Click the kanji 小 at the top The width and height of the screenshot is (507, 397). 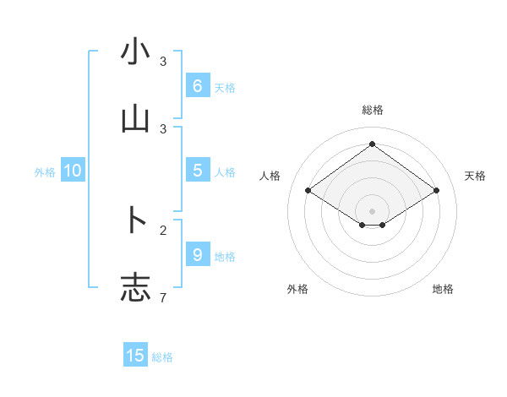(135, 52)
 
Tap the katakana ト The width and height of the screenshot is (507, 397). (135, 220)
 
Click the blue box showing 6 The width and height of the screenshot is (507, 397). (197, 86)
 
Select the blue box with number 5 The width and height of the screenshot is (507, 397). (197, 171)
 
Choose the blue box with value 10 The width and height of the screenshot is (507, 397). (73, 171)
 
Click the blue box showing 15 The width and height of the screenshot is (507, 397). (135, 356)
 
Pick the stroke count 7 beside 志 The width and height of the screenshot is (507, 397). (164, 297)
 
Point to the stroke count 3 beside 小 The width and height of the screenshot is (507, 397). (164, 62)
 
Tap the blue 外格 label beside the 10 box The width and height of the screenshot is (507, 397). (45, 172)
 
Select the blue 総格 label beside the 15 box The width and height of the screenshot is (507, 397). (162, 357)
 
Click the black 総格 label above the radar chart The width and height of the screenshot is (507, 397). (373, 110)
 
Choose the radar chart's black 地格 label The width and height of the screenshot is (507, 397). (443, 290)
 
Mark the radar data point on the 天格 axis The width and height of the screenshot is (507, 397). (436, 191)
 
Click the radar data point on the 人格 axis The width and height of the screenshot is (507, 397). (308, 191)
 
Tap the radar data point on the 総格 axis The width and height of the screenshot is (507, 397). (373, 144)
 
